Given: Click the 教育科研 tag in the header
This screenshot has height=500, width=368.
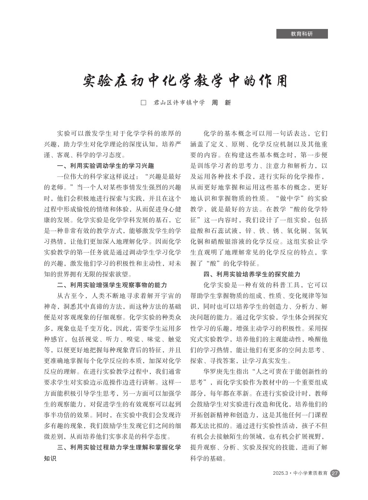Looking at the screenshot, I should point(302,34).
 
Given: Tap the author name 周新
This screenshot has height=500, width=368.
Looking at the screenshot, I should point(221,103).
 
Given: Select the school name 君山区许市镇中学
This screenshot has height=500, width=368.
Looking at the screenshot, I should point(179,103).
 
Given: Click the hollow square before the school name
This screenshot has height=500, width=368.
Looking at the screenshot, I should point(144,103).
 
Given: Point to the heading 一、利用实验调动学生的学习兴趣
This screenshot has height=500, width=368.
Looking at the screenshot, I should point(105,166).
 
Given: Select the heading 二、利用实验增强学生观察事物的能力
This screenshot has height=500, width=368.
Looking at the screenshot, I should point(112,285).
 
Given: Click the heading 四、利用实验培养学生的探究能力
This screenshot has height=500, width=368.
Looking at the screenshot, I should point(252,274).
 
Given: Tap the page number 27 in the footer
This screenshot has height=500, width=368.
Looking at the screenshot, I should point(335,473).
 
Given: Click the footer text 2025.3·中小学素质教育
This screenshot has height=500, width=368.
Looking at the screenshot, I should point(300,473).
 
